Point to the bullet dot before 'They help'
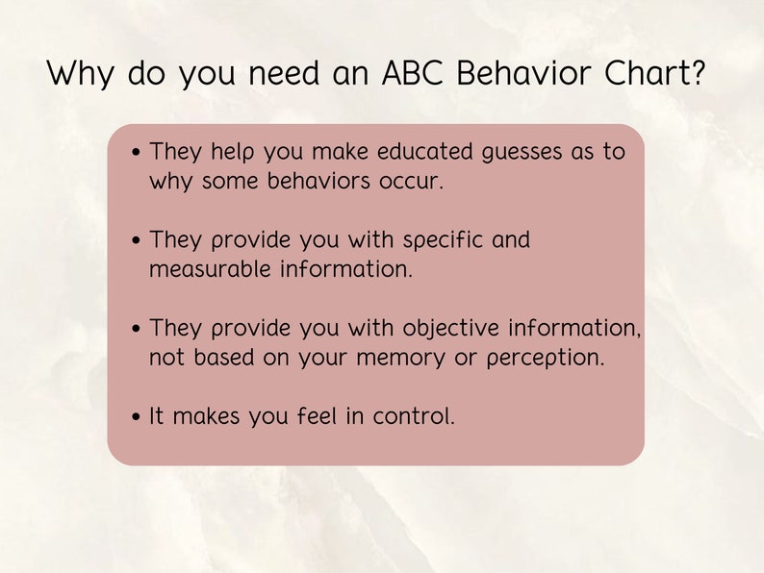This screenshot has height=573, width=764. (x=137, y=152)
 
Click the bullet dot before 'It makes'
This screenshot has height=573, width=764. (x=137, y=417)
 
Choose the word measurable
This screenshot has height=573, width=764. (x=211, y=269)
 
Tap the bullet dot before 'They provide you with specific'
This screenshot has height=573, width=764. (x=137, y=240)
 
